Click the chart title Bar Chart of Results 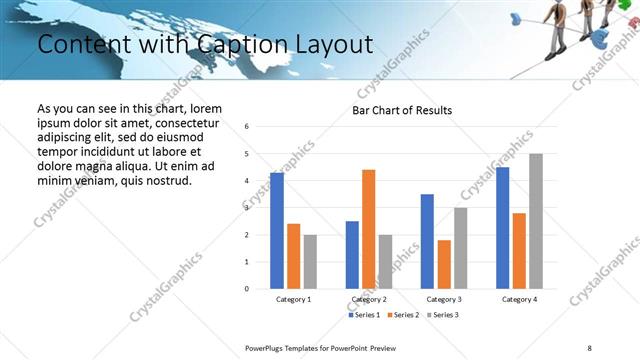point(402,110)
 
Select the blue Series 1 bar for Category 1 point(277,231)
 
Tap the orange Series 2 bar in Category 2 point(369,229)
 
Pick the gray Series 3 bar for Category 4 point(536,221)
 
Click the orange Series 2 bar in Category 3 point(444,264)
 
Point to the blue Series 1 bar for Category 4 point(502,228)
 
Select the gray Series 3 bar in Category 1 point(310,261)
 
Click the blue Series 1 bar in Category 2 point(352,255)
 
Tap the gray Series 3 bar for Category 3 point(461,248)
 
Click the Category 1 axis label point(293,299)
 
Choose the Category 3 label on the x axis point(443,299)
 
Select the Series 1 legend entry point(363,315)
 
